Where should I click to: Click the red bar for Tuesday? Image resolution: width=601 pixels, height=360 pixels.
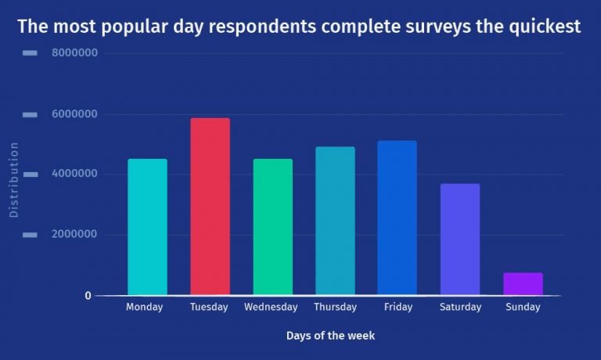point(210,207)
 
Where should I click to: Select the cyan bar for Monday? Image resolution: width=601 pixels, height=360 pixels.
point(147,227)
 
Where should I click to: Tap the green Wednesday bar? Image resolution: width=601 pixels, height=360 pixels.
point(272,227)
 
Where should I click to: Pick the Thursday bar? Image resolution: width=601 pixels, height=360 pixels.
point(335,221)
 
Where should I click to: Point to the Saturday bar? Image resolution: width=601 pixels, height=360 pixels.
point(460,239)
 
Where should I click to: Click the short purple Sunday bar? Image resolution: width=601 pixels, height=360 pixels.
point(523,284)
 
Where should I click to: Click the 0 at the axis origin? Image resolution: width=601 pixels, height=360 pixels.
point(88,296)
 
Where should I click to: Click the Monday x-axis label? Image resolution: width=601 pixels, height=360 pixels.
point(144,308)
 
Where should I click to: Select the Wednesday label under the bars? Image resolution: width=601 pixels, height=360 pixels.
point(271,308)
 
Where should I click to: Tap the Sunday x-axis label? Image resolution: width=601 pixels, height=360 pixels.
point(523,308)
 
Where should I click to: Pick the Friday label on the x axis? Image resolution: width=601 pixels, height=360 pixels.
point(398,308)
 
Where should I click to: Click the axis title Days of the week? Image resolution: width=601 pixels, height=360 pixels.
point(330,336)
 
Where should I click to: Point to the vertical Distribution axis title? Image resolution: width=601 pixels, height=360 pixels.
point(13,179)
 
